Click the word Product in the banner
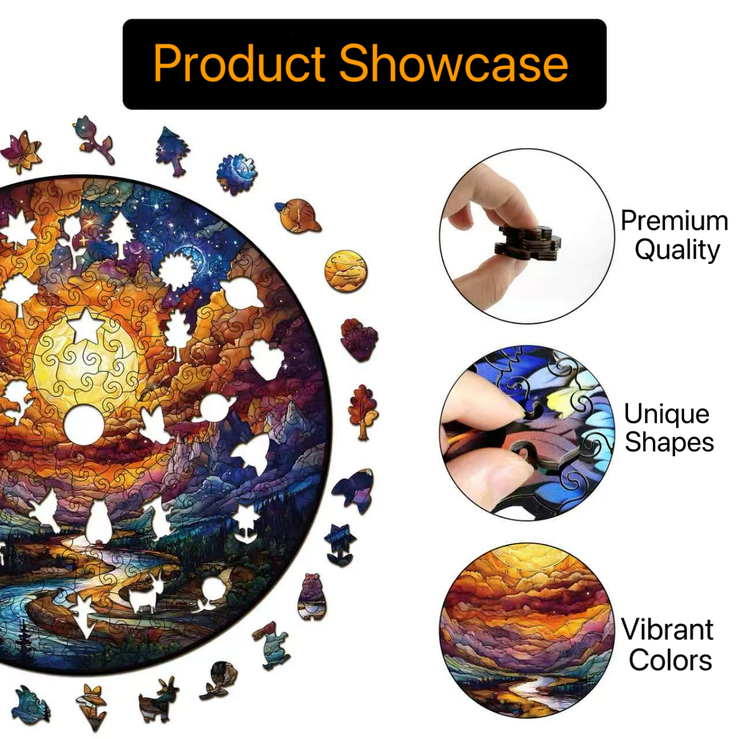239,64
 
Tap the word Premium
674,221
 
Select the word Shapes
669,442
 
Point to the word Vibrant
667,629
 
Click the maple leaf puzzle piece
21,152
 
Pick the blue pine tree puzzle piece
173,150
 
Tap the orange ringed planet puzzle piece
298,215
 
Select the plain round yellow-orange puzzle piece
345,271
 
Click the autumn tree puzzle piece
363,412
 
